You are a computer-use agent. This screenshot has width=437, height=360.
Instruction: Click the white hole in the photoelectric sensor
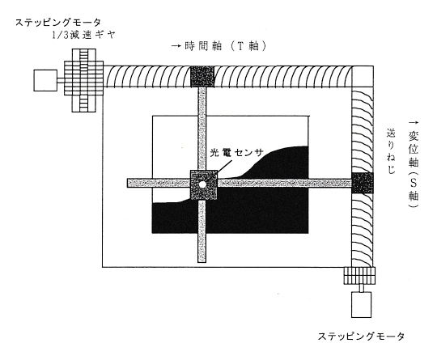[202, 184]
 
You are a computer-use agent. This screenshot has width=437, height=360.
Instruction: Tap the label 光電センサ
[236, 152]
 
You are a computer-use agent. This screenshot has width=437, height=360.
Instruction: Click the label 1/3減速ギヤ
[83, 35]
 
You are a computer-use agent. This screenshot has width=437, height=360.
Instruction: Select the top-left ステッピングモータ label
[58, 22]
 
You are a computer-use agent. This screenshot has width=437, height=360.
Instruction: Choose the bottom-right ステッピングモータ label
[361, 337]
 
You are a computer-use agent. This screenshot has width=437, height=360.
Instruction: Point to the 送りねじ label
[391, 151]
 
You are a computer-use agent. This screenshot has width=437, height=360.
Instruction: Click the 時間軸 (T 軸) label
[225, 46]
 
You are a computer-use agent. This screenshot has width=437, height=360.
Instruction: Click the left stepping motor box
[45, 80]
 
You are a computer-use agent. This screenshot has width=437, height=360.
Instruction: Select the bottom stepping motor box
[361, 304]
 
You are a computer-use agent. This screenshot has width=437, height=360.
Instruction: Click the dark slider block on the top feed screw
[202, 76]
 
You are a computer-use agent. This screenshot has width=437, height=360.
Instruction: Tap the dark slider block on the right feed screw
[362, 183]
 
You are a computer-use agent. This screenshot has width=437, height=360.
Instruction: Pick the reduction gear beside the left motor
[84, 81]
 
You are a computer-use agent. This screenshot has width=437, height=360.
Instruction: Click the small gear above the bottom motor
[359, 276]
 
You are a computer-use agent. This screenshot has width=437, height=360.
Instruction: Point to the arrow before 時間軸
[176, 46]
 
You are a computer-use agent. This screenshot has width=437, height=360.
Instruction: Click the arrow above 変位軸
[414, 123]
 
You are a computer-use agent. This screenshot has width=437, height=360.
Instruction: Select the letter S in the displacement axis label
[414, 184]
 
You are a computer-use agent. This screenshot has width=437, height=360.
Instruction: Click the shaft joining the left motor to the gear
[61, 80]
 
